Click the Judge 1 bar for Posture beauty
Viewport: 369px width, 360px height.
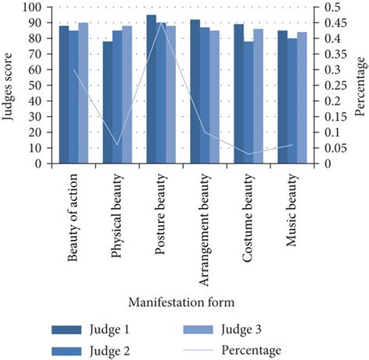(x=151, y=90)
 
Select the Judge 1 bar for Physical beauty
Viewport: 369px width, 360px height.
(x=107, y=103)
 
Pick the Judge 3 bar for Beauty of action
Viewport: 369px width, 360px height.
(x=83, y=94)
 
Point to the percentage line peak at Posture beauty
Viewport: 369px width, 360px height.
(x=161, y=23)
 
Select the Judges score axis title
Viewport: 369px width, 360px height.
(x=10, y=86)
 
